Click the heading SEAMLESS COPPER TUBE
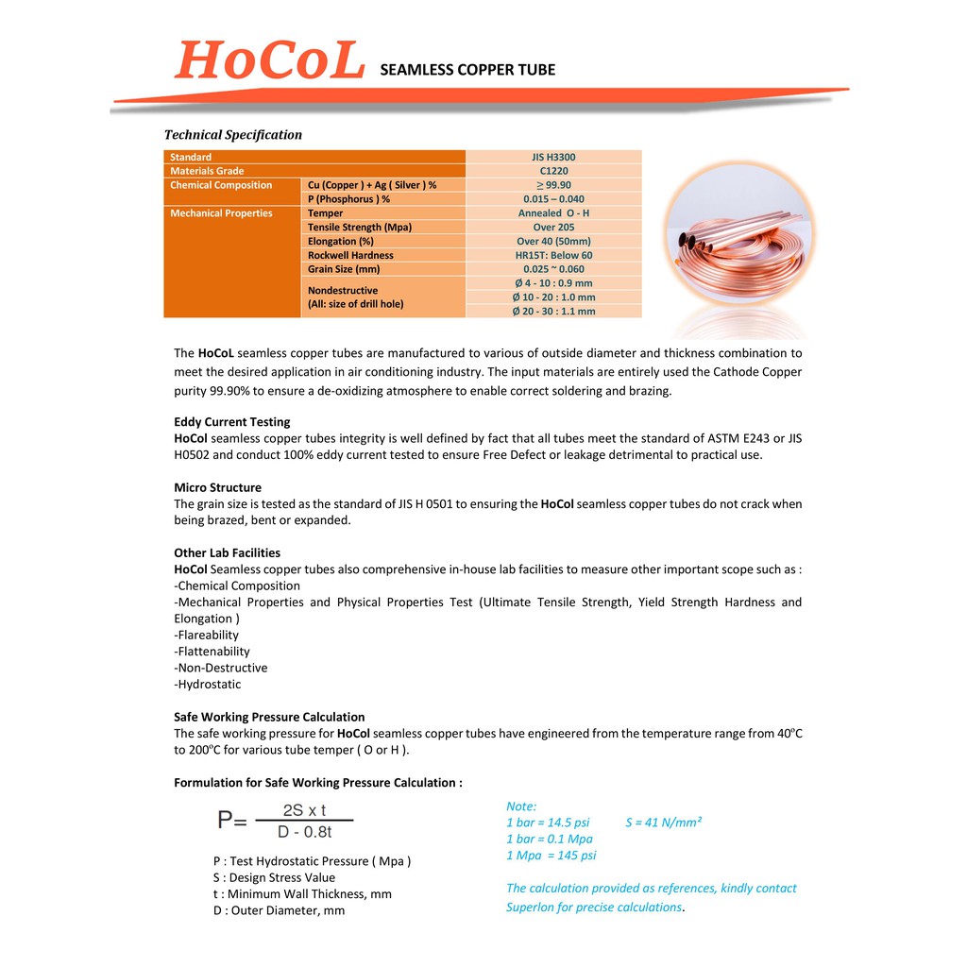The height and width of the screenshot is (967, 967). click(467, 70)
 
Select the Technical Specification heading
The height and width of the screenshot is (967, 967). click(233, 135)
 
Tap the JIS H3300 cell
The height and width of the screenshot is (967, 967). click(553, 157)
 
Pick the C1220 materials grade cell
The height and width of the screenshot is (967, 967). click(553, 171)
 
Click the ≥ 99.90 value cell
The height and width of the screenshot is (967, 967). click(553, 185)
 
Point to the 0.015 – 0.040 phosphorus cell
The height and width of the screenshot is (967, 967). click(553, 199)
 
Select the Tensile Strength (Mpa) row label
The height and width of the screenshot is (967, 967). click(360, 228)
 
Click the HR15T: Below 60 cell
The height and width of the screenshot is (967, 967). click(553, 255)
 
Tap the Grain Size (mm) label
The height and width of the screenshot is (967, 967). click(344, 269)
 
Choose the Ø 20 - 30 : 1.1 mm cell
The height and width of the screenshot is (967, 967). click(553, 311)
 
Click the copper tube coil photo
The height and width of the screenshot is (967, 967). click(734, 243)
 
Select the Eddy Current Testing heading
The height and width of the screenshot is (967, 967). click(232, 422)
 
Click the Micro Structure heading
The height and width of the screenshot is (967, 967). click(218, 488)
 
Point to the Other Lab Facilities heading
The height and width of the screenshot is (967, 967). click(227, 553)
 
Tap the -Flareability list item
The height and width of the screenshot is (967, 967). click(207, 636)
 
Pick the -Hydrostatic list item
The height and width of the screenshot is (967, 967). click(208, 685)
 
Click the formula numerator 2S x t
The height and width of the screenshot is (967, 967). click(304, 810)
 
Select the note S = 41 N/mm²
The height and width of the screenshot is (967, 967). click(663, 823)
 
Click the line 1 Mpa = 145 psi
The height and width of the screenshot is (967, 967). click(551, 856)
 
